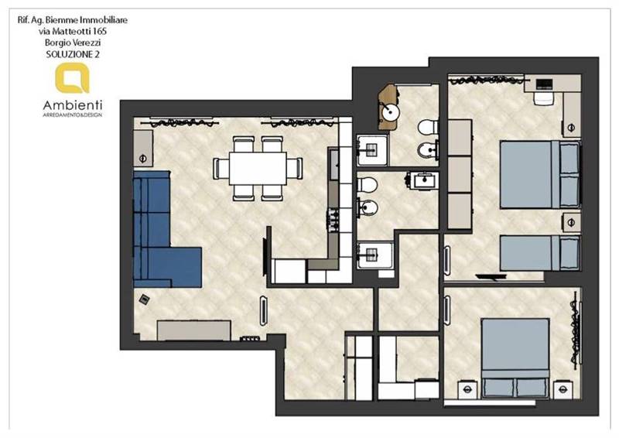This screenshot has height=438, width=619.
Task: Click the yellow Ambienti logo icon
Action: coord(72,78)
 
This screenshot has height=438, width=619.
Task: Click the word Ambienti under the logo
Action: coord(73,105)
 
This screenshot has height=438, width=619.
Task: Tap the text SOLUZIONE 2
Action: coord(73,54)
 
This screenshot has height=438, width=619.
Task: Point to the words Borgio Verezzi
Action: coord(73,43)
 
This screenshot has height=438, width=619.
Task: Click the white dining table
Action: coord(258,169)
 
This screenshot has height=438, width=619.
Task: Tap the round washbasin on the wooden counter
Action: coord(391,112)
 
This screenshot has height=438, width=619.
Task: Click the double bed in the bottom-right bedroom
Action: coord(515,358)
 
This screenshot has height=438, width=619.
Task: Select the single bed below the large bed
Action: coord(540,253)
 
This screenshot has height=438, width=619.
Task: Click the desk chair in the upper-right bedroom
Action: coord(543,98)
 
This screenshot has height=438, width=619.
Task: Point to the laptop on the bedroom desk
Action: coord(544,84)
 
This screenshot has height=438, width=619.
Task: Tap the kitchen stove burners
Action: coord(333,221)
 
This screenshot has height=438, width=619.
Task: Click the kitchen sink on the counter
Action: coord(333,164)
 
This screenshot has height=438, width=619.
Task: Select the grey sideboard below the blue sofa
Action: coord(194,330)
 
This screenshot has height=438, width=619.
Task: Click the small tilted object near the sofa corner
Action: coord(144,299)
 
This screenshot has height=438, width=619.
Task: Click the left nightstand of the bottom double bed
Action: coord(467,389)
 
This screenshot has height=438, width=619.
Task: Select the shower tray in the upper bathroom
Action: coord(371,150)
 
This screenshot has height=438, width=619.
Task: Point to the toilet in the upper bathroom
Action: coord(428,127)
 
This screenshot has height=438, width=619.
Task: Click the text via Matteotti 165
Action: coord(73,31)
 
